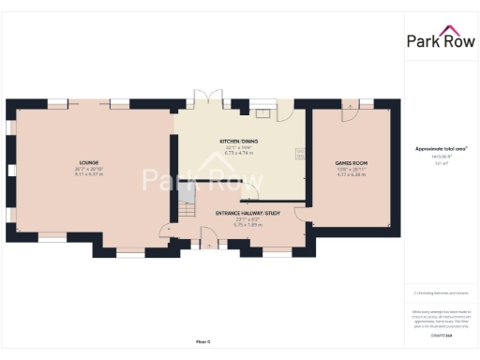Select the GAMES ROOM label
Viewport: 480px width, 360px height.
[352, 163]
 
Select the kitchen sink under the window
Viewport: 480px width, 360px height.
[265, 113]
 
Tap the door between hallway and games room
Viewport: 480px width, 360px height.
[302, 214]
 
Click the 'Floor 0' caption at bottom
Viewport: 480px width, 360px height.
[202, 341]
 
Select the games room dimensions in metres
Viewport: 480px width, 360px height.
[352, 174]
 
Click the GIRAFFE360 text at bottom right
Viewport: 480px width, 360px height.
[440, 334]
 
